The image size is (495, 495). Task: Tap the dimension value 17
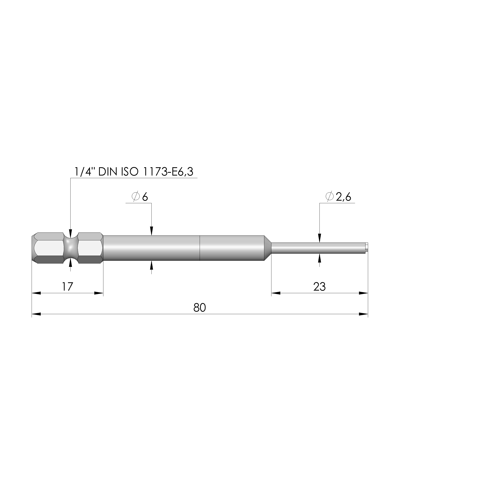pyautogui.click(x=67, y=286)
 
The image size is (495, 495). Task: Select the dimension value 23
pyautogui.click(x=319, y=287)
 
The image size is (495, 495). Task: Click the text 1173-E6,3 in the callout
pyautogui.click(x=168, y=172)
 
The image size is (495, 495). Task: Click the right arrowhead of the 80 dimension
pyautogui.click(x=363, y=314)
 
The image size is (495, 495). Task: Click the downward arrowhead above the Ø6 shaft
pyautogui.click(x=151, y=231)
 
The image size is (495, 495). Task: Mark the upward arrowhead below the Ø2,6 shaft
pyautogui.click(x=319, y=258)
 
